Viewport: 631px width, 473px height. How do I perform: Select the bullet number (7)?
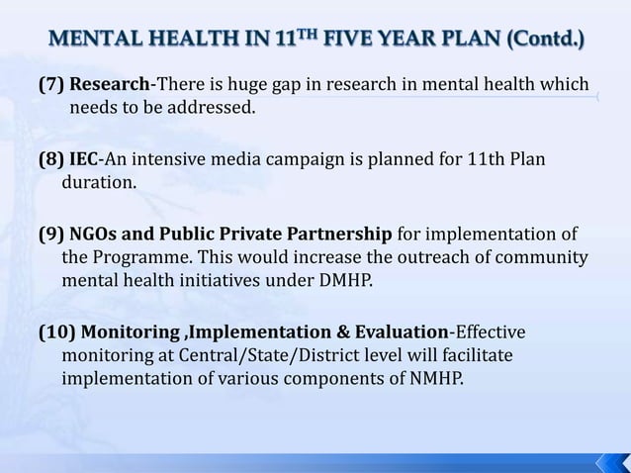[51, 83]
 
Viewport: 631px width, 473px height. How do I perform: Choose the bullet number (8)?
[51, 159]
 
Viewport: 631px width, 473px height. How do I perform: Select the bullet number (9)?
[51, 236]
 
